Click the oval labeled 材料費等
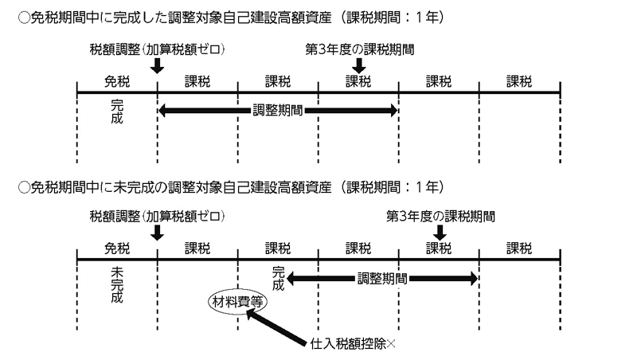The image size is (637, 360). point(238,303)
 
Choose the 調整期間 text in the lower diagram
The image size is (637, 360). point(383,278)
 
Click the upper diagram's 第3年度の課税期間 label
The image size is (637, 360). point(359,49)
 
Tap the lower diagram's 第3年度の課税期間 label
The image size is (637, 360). point(440,216)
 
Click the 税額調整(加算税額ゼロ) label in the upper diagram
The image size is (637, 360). point(157,49)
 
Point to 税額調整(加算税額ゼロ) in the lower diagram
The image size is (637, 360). point(157,216)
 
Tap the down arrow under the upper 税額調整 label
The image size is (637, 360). point(157,69)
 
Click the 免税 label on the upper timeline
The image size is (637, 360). point(116,80)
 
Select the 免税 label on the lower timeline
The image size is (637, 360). point(116,247)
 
